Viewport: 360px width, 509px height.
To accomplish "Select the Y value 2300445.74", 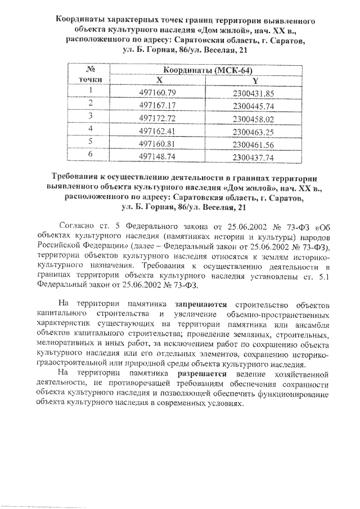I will coord(253,105).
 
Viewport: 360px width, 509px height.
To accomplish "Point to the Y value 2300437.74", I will coord(253,158).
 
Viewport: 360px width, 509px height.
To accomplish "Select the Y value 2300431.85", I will coord(253,92).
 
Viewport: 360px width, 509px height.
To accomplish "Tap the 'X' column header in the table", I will coord(159,80).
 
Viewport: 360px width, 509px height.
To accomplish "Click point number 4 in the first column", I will coord(89,129).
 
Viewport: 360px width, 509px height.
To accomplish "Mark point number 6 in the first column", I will coord(89,155).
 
